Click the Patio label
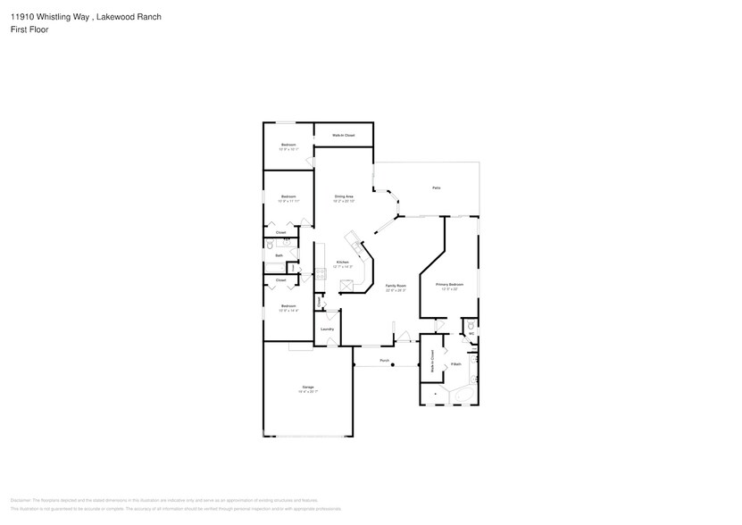[x=436, y=188]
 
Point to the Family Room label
[x=395, y=286]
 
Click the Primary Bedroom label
[x=449, y=285]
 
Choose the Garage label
[x=307, y=387]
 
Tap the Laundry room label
[x=328, y=329]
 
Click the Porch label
[x=385, y=361]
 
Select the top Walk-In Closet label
[x=344, y=135]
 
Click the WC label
[x=471, y=334]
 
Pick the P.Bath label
[x=455, y=364]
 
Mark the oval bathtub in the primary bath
[x=461, y=394]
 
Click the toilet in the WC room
[x=471, y=326]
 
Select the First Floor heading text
[x=30, y=29]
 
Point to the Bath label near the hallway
[x=279, y=256]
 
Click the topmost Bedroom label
[x=288, y=145]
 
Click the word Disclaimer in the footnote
[x=21, y=501]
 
